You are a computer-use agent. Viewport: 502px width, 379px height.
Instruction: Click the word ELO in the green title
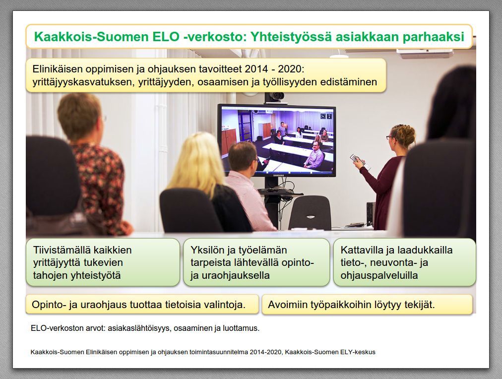point(166,37)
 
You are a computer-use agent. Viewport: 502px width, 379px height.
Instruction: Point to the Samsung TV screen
point(277,140)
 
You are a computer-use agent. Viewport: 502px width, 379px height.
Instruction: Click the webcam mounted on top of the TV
point(275,96)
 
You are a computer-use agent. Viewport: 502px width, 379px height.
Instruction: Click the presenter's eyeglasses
point(390,138)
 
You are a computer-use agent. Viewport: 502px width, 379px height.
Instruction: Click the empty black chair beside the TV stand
point(310,213)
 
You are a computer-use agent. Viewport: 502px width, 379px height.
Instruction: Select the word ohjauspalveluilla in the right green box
point(379,276)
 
